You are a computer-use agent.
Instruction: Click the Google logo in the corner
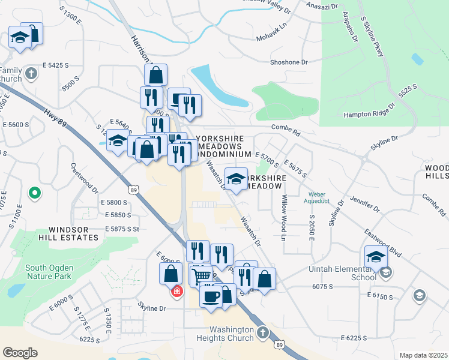tap(20, 353)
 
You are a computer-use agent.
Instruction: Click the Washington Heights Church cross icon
tap(262, 331)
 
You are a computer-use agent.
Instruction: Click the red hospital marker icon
tap(177, 292)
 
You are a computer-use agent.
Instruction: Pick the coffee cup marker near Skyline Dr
tap(211, 296)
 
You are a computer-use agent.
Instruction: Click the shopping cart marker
tap(202, 275)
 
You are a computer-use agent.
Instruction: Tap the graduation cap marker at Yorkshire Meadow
tap(237, 178)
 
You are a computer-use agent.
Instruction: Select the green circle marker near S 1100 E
tap(35, 193)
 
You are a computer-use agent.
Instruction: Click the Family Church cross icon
tap(32, 74)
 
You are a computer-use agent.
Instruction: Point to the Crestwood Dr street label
tap(84, 178)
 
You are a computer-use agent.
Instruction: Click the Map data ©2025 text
tap(423, 355)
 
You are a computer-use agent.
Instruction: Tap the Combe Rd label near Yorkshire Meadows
tap(285, 127)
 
